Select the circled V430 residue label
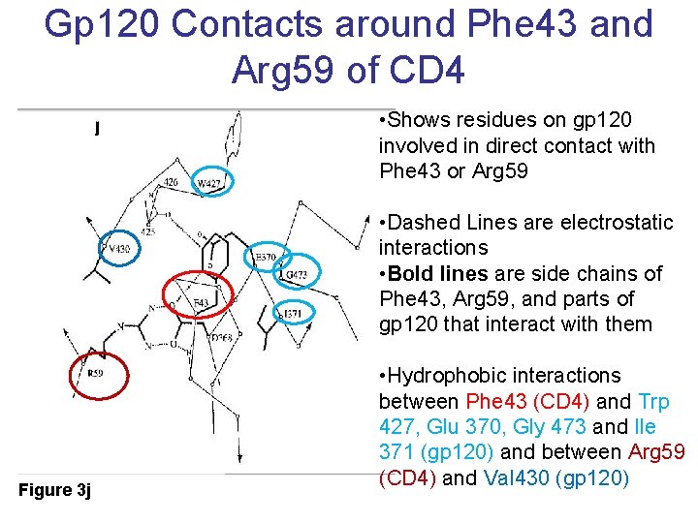(x=118, y=248)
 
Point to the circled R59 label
(x=95, y=373)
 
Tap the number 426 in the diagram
(x=171, y=182)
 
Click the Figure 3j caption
(x=54, y=490)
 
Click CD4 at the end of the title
(x=428, y=69)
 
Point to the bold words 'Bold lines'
(x=428, y=273)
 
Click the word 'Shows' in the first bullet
(x=417, y=120)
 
